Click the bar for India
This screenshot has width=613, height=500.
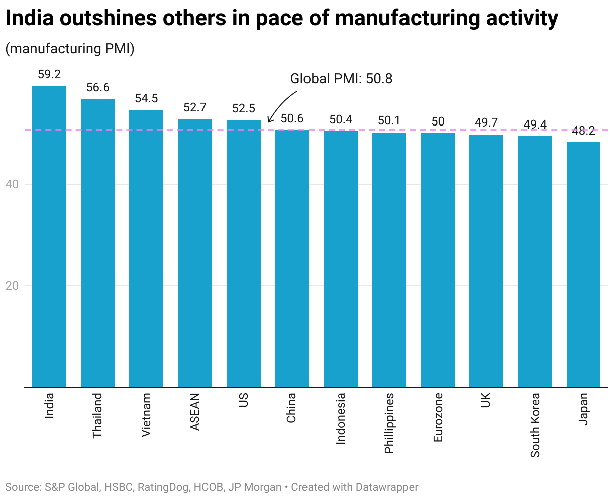click(49, 236)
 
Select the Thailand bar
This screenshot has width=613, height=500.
click(97, 243)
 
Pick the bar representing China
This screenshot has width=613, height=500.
click(292, 259)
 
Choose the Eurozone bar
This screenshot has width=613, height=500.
click(438, 260)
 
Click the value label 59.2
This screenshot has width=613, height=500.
click(49, 75)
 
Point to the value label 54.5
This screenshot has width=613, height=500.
click(146, 98)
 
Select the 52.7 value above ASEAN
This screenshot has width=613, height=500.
click(195, 107)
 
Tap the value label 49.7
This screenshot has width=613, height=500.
click(486, 122)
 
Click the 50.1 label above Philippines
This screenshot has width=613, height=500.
click(389, 120)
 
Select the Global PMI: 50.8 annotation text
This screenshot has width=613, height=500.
click(341, 79)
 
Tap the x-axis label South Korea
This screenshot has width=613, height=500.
click(535, 425)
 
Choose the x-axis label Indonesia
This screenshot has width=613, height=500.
click(341, 418)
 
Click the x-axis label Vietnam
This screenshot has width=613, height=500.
click(146, 415)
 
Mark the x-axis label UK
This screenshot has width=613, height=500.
click(486, 400)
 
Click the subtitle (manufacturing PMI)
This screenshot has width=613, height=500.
click(70, 49)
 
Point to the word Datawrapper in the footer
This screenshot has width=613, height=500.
click(387, 487)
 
